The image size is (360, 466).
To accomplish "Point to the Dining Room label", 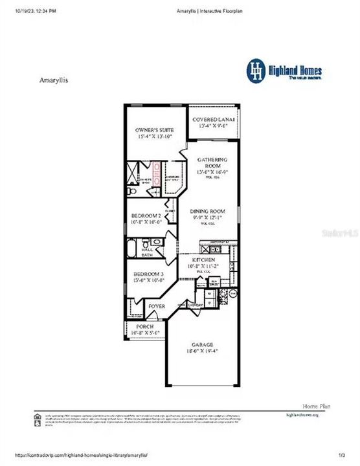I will [x=207, y=212].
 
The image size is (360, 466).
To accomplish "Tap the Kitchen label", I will [x=203, y=260].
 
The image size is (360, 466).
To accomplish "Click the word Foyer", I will [x=157, y=305].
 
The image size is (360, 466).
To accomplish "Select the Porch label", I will [x=145, y=327].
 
